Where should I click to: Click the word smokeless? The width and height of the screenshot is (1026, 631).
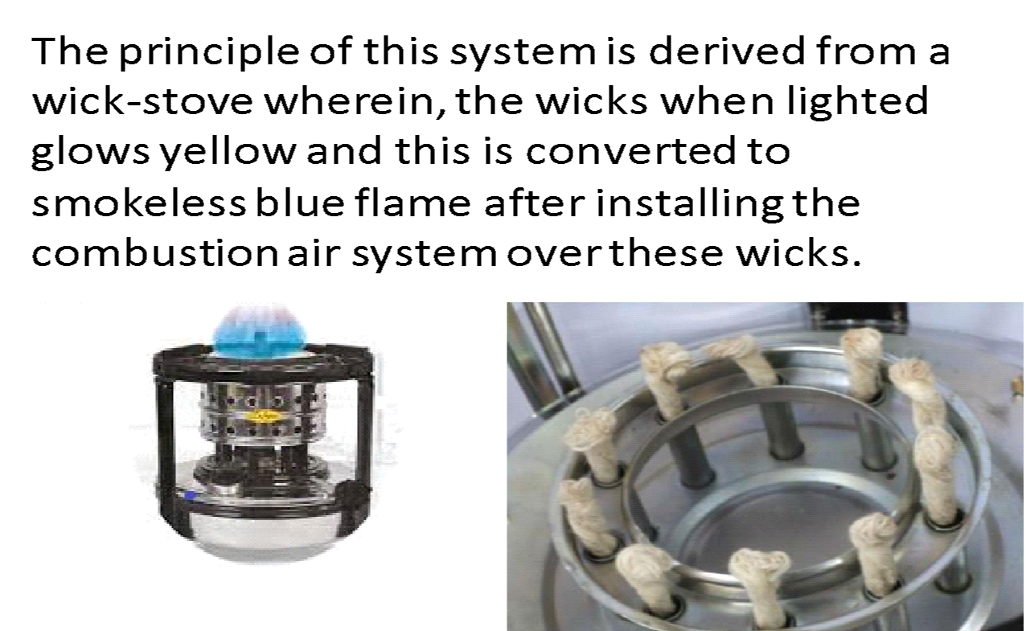(x=137, y=203)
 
